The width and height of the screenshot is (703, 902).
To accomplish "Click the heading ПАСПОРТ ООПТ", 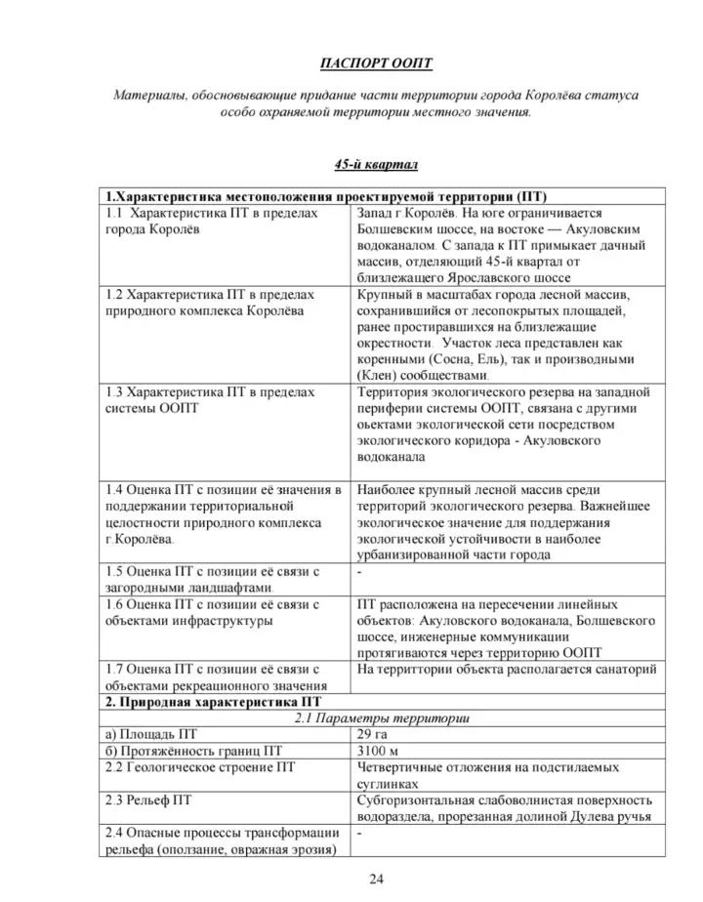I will coord(376,63).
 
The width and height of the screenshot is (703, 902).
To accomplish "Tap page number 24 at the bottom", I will coord(376,879).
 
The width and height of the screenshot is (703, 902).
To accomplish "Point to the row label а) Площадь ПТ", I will coord(151,734).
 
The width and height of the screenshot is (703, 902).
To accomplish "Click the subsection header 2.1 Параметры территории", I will coord(376,717).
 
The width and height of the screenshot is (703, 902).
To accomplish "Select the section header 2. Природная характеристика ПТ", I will coord(215,701).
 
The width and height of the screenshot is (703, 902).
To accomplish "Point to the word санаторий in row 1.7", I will coord(624,669).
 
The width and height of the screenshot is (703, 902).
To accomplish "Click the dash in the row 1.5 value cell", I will coord(360,571).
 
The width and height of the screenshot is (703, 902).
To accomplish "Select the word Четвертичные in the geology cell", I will coord(401,766).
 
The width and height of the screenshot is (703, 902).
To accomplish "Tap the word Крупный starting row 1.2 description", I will coord(384,294).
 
